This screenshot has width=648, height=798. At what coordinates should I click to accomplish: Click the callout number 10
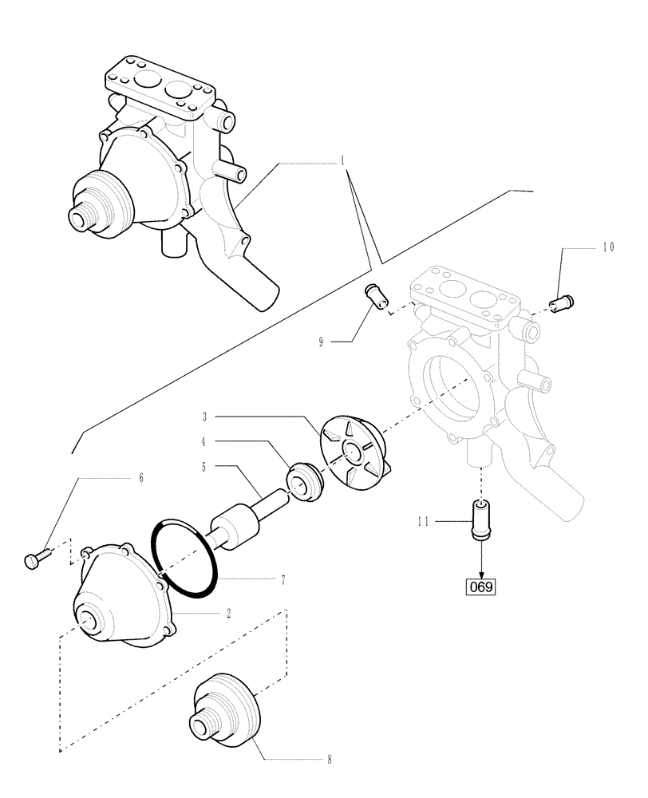(x=608, y=248)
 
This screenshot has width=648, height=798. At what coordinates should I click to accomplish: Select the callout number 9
(x=321, y=342)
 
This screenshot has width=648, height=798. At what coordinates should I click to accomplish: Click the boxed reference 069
(x=481, y=587)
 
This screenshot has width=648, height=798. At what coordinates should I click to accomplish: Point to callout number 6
(x=140, y=478)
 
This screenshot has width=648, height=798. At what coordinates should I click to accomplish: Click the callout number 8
(x=329, y=760)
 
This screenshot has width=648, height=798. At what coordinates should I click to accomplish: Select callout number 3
(x=204, y=416)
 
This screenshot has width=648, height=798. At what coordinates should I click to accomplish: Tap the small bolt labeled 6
(x=35, y=561)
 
